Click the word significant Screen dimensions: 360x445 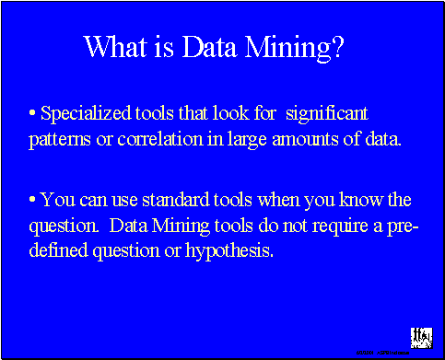coord(327,115)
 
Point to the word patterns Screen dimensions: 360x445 coord(59,143)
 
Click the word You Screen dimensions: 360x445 coord(58,199)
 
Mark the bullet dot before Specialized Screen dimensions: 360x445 coord(33,115)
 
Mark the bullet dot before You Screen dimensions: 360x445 coord(33,199)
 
